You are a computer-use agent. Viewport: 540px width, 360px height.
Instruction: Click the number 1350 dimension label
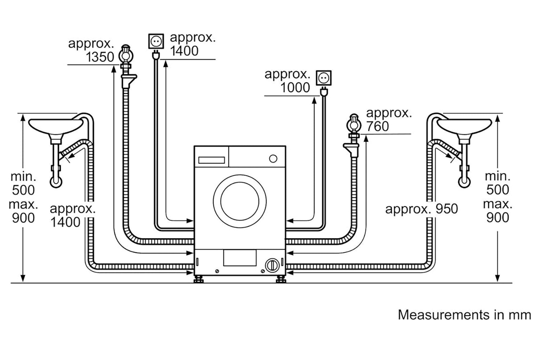100,57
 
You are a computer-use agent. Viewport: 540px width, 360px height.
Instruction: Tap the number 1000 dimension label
295,87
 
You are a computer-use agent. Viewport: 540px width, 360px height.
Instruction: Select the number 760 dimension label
378,126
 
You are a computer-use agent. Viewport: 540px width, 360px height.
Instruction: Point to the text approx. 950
422,209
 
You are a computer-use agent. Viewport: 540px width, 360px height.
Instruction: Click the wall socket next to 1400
156,41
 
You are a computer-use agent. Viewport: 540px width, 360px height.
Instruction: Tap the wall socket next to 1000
324,78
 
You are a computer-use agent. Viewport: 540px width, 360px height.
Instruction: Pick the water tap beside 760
352,135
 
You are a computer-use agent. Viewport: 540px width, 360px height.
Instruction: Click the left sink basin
56,126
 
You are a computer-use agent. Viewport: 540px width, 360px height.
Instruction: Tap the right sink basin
464,126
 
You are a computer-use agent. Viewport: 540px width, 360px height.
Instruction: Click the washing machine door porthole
240,201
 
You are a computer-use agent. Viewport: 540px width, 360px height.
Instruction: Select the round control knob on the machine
273,159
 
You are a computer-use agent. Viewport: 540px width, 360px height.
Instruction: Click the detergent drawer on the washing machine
212,160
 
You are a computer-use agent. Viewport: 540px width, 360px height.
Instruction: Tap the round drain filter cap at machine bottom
272,265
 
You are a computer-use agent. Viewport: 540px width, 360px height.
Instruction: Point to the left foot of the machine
198,279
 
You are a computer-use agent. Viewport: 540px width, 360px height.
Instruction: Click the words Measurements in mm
464,315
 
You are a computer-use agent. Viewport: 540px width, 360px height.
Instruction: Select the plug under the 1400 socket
156,55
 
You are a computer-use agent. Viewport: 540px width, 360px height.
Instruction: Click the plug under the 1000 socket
324,92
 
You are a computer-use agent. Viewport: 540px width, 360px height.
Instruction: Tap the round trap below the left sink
56,182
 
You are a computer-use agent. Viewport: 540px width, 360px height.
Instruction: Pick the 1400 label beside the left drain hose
65,222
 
